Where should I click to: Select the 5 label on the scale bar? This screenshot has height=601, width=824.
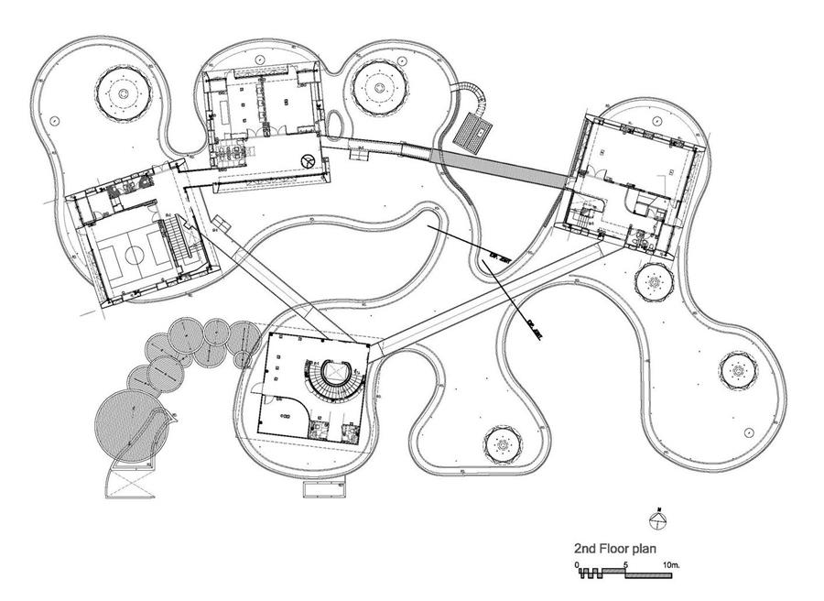point(625,564)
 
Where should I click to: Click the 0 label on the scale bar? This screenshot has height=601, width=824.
point(578,564)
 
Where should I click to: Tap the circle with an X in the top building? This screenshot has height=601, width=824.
point(308,162)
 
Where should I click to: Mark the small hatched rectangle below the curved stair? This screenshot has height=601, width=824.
point(474,130)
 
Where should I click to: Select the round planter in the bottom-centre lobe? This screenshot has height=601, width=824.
point(502,446)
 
